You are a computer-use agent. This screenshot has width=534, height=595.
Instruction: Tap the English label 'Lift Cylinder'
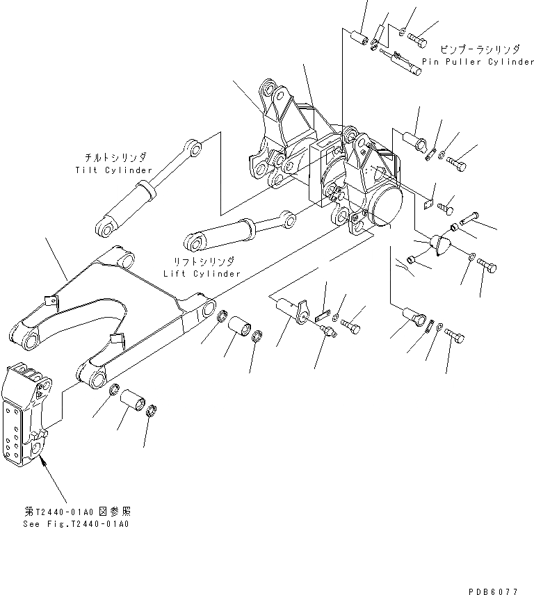[x=202, y=274]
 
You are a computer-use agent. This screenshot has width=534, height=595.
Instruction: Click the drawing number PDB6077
[x=492, y=591]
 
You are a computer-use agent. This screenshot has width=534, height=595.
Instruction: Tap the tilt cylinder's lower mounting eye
[x=106, y=226]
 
